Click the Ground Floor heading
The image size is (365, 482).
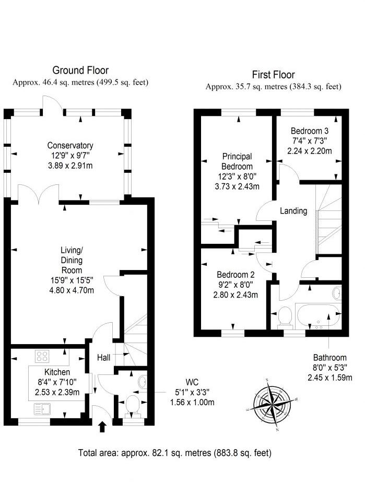point(80,70)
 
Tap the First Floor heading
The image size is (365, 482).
point(273,75)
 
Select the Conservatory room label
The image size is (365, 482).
point(70,146)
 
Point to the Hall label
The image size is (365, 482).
point(103,358)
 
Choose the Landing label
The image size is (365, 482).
point(293,211)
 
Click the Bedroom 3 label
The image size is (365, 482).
point(310,131)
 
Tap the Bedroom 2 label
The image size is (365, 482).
point(236,275)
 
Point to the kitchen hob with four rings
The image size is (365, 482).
point(43,357)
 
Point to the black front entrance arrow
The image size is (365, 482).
point(102,428)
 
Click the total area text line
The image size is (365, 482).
point(174,453)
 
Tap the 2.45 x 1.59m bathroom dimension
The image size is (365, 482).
point(329,378)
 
